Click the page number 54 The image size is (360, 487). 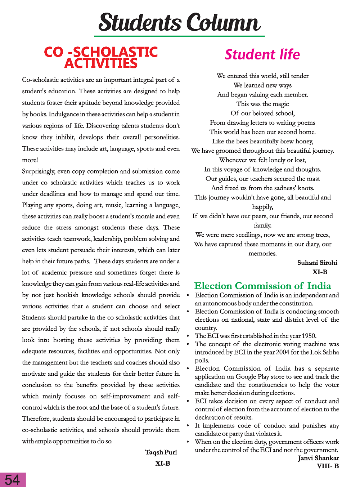tap(13, 480)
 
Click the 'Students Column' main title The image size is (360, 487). tap(179, 22)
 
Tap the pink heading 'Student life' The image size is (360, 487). tap(262, 55)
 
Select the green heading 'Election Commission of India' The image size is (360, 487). tap(262, 286)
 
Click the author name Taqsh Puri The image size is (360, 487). tap(161, 452)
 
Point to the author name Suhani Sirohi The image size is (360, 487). tap(317, 263)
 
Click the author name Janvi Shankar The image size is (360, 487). tap(318, 458)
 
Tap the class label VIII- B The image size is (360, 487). tap(328, 466)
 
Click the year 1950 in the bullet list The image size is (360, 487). tap(309, 336)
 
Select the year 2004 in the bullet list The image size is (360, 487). tap(283, 352)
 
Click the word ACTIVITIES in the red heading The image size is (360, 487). tap(101, 64)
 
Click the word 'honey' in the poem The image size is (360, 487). tap(304, 141)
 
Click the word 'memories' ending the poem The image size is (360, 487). tap(262, 254)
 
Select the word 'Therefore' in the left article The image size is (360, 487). tap(36, 419)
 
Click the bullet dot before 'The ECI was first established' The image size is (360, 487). tap(188, 336)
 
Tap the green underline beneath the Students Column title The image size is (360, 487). tap(179, 36)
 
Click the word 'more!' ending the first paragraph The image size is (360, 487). tap(30, 160)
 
